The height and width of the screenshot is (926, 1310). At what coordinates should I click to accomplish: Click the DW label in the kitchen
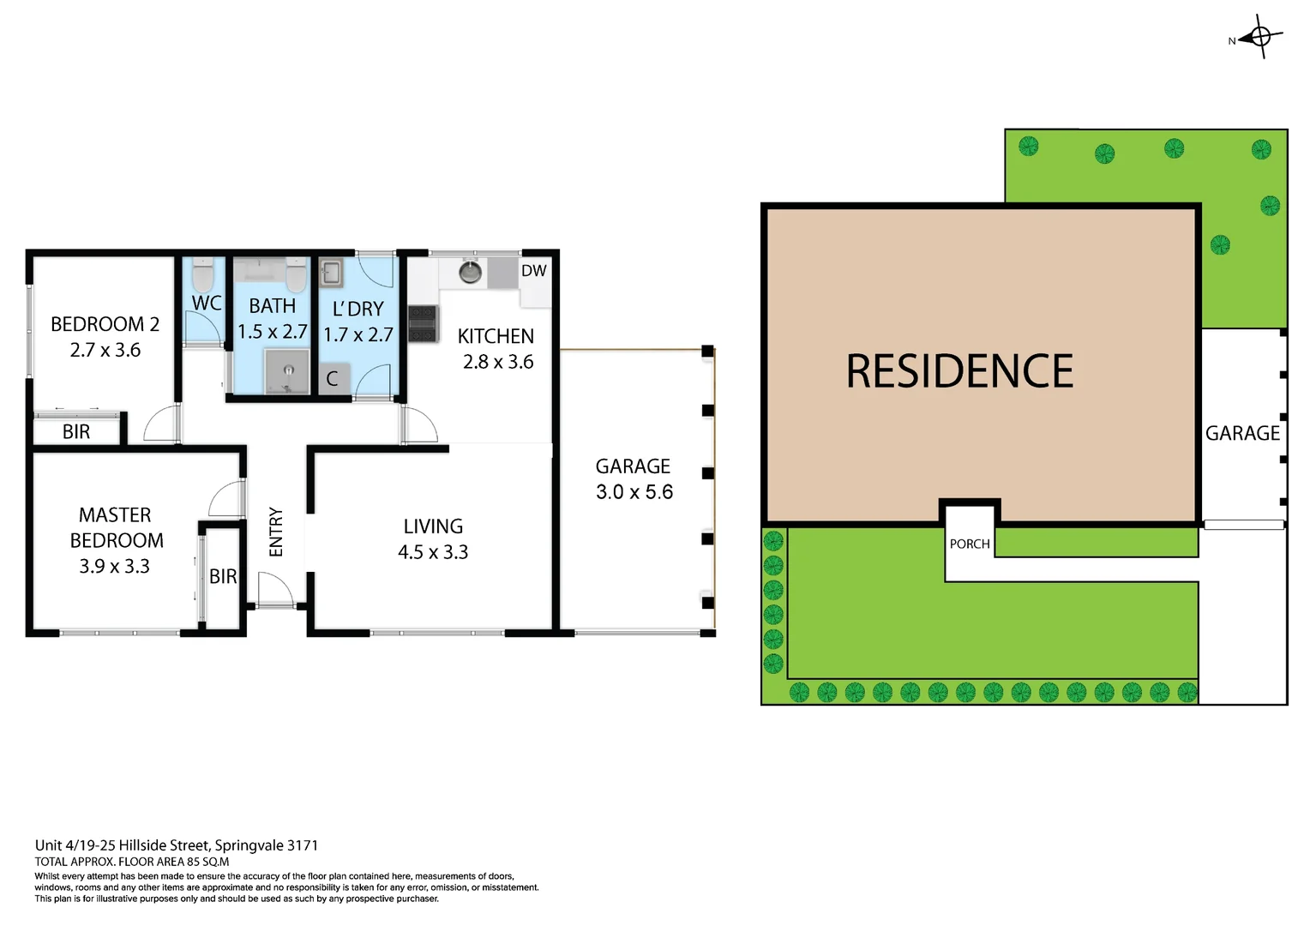tap(533, 271)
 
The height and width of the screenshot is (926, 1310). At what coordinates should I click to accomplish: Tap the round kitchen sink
tap(470, 273)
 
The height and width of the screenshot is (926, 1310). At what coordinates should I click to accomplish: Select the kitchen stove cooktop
tap(423, 323)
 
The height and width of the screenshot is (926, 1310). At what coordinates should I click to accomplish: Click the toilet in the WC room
tap(203, 276)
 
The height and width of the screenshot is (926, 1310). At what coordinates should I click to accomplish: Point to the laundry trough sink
tap(331, 274)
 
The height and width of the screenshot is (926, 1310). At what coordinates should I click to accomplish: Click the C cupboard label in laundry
tap(333, 379)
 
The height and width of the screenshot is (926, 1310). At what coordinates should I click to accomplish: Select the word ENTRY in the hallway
tap(276, 532)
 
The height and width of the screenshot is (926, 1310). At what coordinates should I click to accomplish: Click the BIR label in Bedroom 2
tap(76, 432)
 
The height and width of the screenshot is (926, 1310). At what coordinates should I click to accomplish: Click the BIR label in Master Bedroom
tap(223, 576)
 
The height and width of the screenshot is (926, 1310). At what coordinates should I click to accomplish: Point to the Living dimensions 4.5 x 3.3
tap(433, 552)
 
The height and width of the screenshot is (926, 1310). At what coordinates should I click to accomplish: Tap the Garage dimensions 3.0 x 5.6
tap(634, 492)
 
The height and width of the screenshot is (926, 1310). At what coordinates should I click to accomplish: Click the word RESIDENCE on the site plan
tap(959, 371)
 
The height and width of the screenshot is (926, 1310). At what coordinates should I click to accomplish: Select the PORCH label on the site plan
tap(970, 544)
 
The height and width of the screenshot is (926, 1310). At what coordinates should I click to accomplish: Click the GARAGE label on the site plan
tap(1242, 434)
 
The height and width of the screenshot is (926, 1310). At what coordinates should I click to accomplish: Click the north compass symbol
tap(1259, 37)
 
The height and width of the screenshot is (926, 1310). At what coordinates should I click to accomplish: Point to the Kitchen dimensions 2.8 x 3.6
tap(498, 362)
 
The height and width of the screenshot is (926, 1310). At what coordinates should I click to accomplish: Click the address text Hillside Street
tap(163, 845)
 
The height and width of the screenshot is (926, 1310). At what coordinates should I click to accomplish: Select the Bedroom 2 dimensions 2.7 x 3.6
tap(105, 350)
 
